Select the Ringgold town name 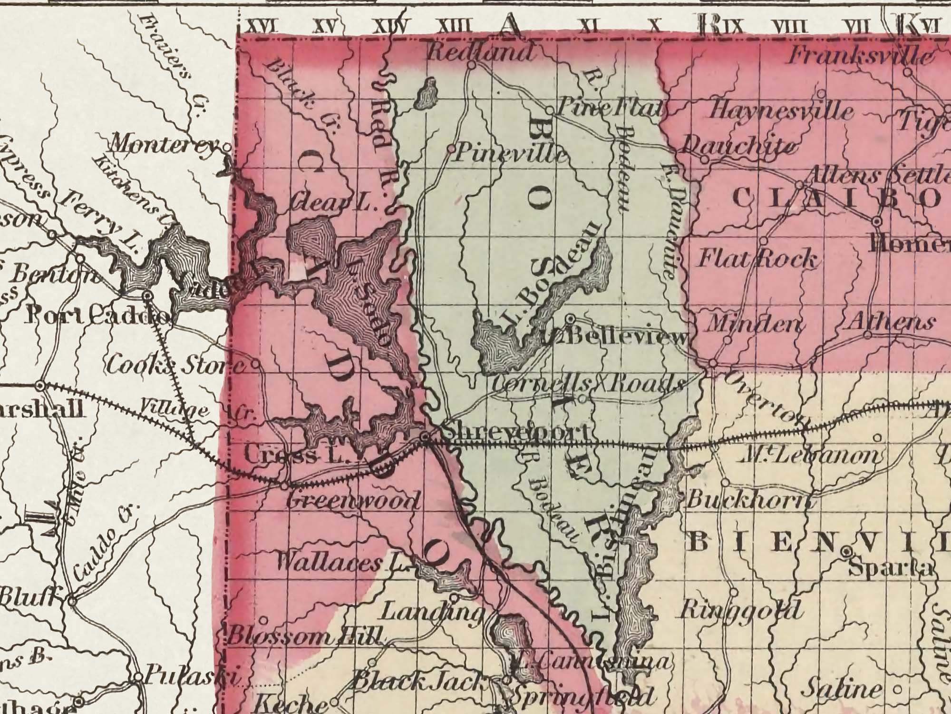tap(739, 611)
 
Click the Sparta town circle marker tap(846, 552)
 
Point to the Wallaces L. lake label tap(342, 565)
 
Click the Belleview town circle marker tap(570, 318)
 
